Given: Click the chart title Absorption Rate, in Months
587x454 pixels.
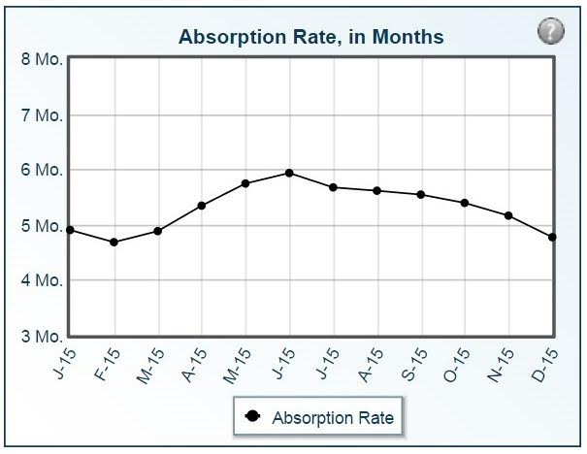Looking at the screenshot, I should coord(310,37).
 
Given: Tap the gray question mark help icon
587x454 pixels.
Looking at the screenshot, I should coord(550,32).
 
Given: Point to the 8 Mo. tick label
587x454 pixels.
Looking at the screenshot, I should coord(42,59).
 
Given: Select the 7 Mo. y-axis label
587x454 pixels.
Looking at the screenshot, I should coord(42,114).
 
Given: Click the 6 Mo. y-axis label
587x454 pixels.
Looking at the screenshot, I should coord(42,170).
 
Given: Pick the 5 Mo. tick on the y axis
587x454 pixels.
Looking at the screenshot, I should coord(42,227).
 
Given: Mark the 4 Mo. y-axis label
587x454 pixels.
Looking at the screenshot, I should coord(42,281).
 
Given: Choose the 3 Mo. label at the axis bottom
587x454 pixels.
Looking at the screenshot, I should coord(42,338).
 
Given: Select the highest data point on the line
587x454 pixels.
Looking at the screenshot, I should coord(289,173).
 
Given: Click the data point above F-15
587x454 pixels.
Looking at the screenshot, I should coord(114,242).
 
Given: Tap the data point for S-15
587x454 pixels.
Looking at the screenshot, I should coord(420,194).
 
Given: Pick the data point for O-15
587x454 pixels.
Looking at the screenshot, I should coord(465,203).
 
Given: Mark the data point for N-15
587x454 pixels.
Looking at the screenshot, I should coord(508,215).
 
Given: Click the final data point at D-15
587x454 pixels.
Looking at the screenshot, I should coord(552,237).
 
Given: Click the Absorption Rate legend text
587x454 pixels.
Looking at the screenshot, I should coord(333,418).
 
